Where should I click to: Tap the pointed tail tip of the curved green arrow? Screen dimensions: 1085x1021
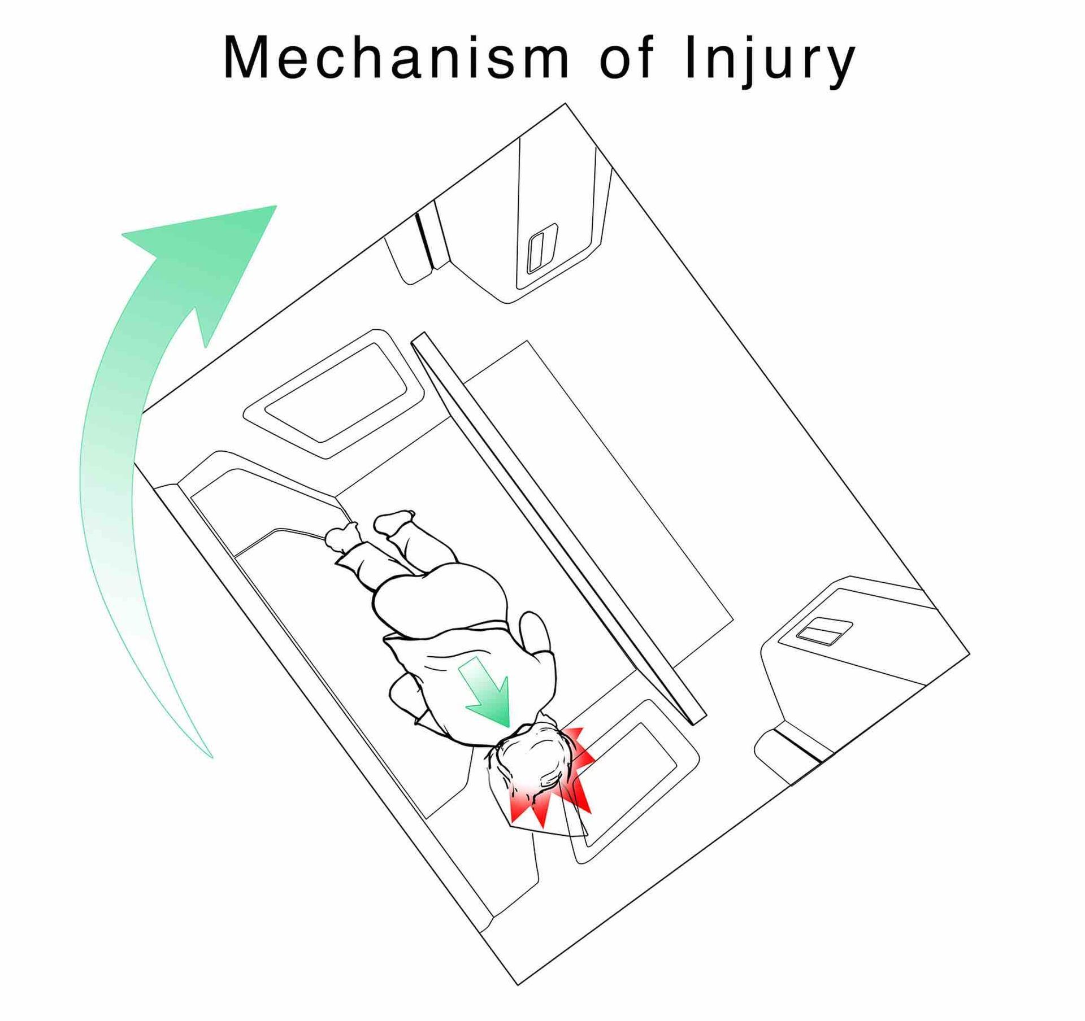[x=212, y=757]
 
